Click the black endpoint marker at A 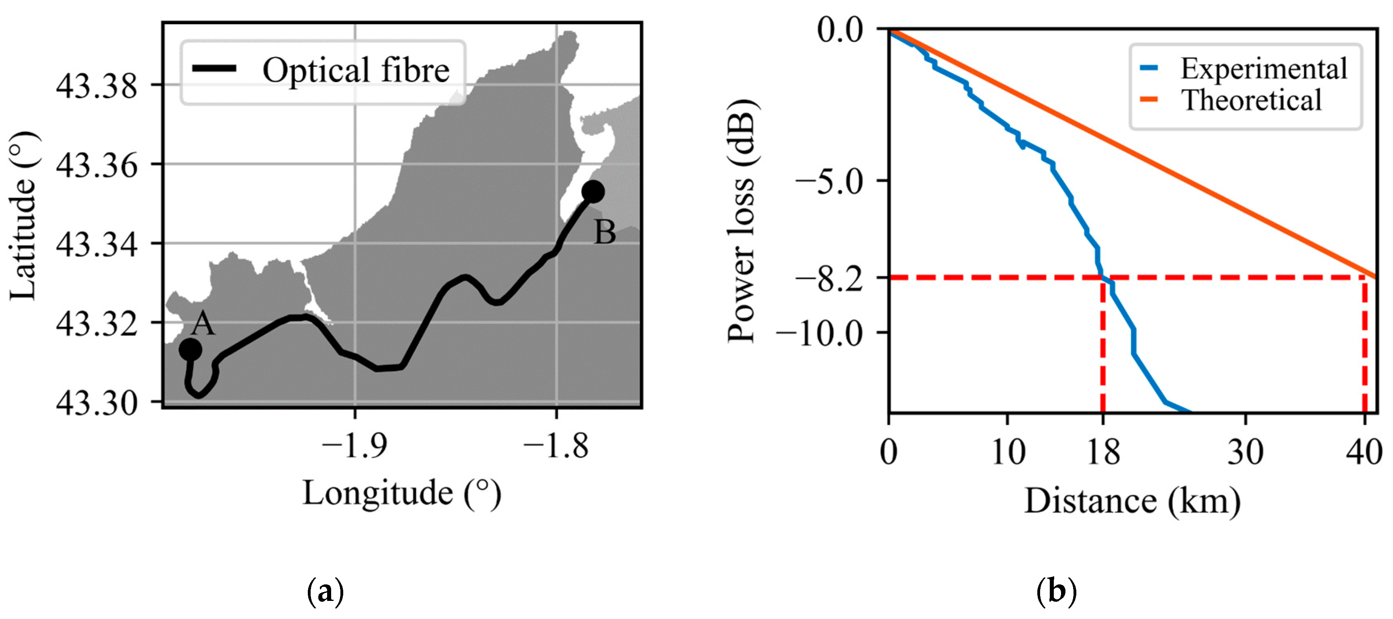click(190, 350)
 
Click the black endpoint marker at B click(593, 191)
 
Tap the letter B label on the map click(605, 233)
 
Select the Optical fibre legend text click(356, 70)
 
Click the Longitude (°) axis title click(401, 493)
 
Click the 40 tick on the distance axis click(1363, 452)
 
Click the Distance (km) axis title click(1132, 501)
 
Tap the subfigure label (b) click(1056, 591)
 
